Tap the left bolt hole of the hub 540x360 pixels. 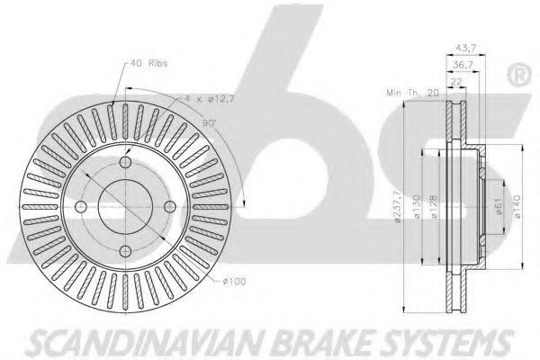(x=80, y=207)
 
